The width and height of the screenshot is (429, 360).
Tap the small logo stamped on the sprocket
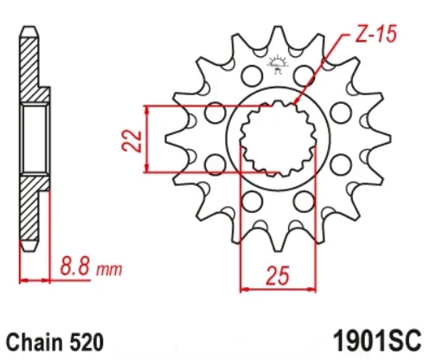(279, 63)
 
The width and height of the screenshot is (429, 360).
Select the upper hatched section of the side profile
(32, 69)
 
